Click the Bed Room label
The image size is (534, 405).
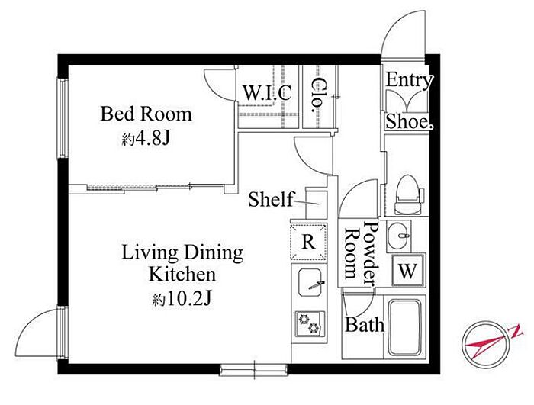tap(146, 114)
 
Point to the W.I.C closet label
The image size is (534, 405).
tap(267, 92)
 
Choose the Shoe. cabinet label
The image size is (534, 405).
tap(410, 121)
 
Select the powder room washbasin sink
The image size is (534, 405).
tap(398, 236)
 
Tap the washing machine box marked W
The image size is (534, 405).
tap(408, 271)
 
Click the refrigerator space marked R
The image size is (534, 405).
tap(308, 242)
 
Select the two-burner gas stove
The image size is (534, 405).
tap(310, 324)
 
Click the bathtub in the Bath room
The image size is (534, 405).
tap(404, 328)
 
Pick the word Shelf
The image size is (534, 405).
tap(270, 200)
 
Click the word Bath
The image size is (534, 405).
tap(365, 325)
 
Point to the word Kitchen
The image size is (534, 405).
tap(182, 275)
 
